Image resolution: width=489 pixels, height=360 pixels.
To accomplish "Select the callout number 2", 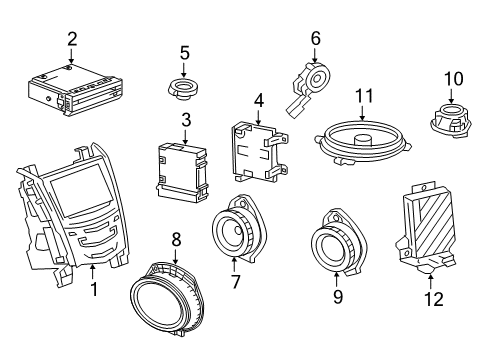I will [x=72, y=38].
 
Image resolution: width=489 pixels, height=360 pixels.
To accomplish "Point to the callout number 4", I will [x=257, y=101].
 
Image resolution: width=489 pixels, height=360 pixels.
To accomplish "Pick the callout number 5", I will [x=184, y=52].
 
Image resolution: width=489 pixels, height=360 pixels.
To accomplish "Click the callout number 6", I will [x=315, y=39].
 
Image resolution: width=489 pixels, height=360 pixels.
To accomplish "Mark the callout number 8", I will [x=177, y=240].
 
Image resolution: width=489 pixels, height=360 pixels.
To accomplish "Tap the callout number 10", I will [x=453, y=76].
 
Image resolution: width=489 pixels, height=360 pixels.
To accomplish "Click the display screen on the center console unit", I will [x=78, y=184].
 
